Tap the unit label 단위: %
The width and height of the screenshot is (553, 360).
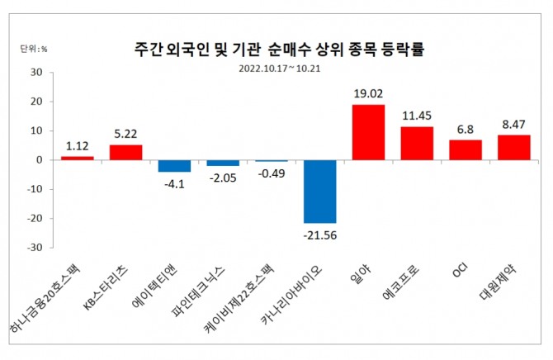[34, 49]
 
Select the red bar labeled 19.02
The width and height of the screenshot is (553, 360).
[368, 132]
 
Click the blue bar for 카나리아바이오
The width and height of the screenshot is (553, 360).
[319, 192]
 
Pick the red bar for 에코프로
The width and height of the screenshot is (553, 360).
[417, 143]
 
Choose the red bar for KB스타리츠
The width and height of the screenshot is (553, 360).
[125, 153]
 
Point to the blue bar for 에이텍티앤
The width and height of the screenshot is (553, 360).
[174, 166]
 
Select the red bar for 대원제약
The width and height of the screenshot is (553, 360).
[514, 148]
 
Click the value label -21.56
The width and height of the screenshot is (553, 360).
[320, 235]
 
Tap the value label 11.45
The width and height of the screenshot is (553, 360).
[416, 116]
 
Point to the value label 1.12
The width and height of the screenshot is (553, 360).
[78, 145]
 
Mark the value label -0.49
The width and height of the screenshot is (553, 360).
[272, 173]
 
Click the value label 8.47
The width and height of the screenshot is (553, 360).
[513, 125]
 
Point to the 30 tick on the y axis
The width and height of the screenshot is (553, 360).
[35, 73]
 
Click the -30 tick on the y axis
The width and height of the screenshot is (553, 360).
[33, 248]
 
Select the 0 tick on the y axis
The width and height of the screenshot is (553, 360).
[38, 160]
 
